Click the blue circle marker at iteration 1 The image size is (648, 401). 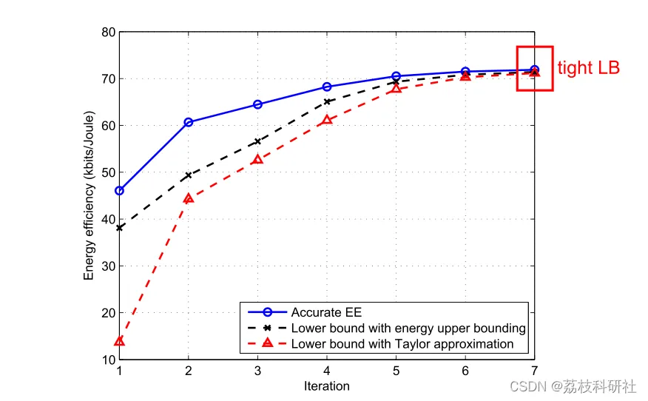click(119, 190)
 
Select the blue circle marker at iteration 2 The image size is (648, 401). click(189, 122)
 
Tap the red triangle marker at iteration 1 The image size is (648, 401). click(119, 341)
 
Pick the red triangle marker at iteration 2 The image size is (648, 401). click(189, 198)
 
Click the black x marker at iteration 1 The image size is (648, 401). click(119, 228)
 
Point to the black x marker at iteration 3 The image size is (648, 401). click(257, 141)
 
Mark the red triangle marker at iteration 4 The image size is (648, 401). click(327, 119)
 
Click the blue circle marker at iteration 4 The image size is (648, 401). click(327, 87)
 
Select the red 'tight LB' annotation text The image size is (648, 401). click(588, 68)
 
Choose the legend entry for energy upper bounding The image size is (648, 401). click(408, 328)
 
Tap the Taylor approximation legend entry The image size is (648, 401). click(402, 344)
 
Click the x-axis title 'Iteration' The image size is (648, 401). click(326, 386)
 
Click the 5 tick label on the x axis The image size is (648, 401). click(396, 371)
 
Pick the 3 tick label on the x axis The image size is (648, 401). click(257, 371)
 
